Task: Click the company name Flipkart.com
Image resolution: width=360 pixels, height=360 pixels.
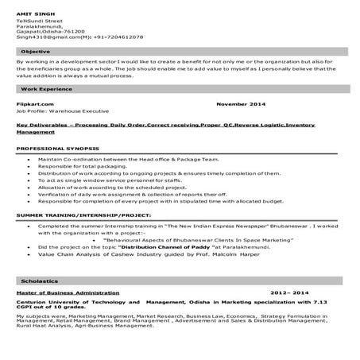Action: [x=34, y=103]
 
